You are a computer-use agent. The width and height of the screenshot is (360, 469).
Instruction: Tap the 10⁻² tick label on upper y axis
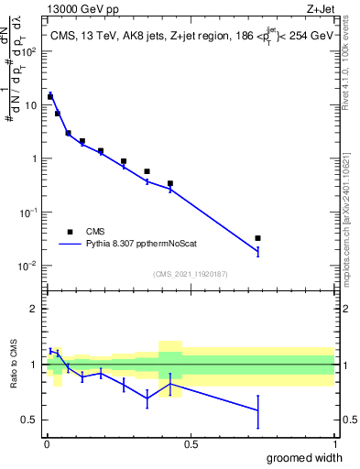30,266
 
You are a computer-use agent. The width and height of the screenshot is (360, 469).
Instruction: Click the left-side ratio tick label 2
35,309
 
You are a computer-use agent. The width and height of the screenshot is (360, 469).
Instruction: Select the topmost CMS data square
50,95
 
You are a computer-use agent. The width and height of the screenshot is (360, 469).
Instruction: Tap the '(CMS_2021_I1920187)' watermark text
190,273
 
